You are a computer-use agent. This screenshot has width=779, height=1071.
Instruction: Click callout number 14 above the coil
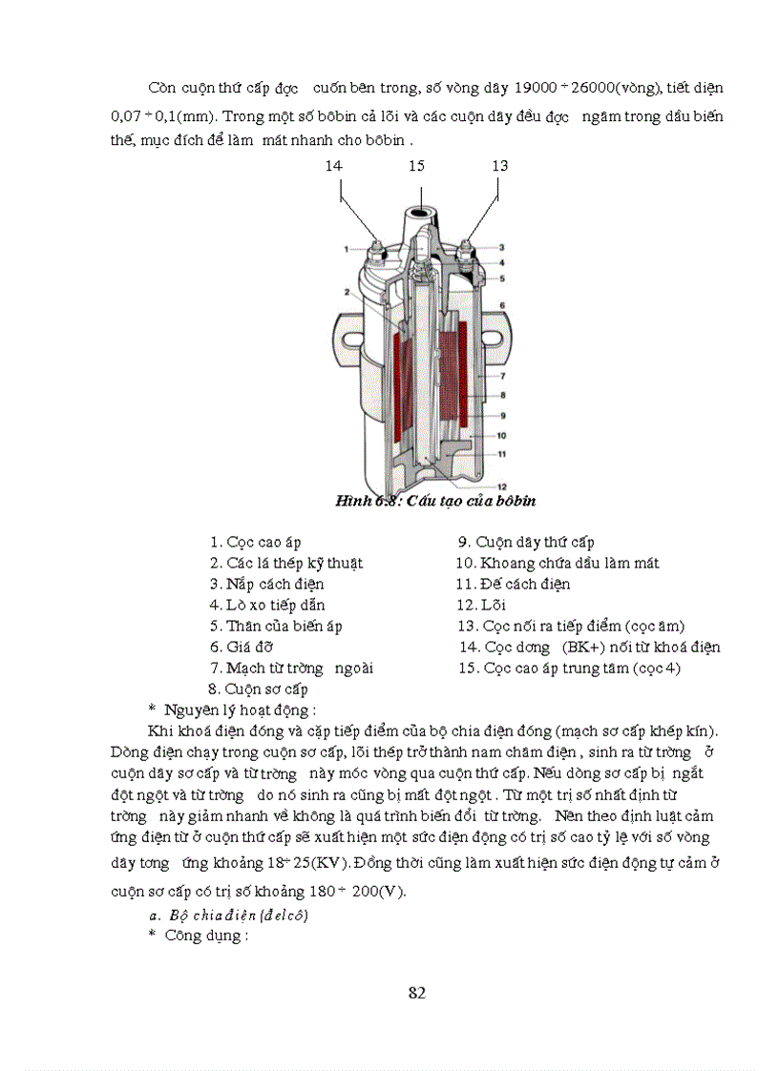333,165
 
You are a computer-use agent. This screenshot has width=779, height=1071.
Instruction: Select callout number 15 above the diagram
416,165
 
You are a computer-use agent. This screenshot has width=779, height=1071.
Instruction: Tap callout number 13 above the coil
499,165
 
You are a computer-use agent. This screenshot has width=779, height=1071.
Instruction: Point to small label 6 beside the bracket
501,305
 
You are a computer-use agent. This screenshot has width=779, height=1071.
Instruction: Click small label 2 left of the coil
347,291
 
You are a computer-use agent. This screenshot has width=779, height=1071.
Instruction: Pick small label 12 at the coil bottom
501,485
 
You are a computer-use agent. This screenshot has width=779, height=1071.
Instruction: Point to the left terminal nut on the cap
374,250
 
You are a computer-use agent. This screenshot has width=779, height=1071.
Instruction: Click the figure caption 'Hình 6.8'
364,501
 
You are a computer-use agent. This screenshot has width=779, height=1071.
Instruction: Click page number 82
416,993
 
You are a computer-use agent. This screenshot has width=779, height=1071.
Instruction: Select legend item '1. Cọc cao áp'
256,543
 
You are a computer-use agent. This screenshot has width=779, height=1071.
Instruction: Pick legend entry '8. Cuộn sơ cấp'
257,689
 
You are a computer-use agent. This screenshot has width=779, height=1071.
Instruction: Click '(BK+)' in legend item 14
586,647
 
